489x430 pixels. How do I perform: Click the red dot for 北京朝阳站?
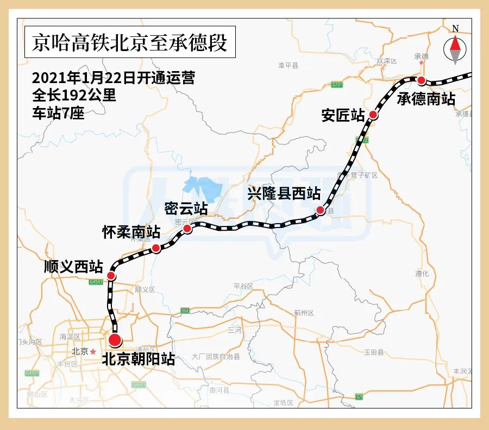pos(115,340)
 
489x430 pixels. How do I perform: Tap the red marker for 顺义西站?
pos(111,276)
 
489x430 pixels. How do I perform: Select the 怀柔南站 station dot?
pos(156,248)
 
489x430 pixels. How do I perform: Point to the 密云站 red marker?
pos(187,229)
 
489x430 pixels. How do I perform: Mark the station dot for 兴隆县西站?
pos(321,210)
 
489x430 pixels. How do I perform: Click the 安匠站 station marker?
pos(373,114)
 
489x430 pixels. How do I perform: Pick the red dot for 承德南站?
pos(421,80)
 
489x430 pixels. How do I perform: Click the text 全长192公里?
pos(74,96)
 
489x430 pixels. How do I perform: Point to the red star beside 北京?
pos(93,351)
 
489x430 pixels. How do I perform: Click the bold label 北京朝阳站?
pos(138,359)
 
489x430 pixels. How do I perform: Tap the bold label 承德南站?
pos(425,98)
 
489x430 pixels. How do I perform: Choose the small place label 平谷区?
pos(243,286)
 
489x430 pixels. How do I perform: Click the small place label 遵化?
pos(422,274)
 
